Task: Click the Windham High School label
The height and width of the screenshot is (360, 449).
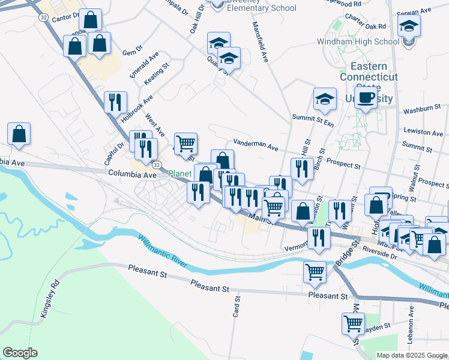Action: pyautogui.click(x=358, y=42)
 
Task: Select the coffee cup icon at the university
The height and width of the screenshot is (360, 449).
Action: pyautogui.click(x=366, y=97)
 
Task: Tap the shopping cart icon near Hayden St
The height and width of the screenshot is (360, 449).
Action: pyautogui.click(x=353, y=323)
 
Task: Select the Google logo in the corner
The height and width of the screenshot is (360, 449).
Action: pyautogui.click(x=20, y=353)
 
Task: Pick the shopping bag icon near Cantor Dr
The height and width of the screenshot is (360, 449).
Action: pyautogui.click(x=90, y=20)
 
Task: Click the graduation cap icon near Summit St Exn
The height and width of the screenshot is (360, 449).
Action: pyautogui.click(x=325, y=99)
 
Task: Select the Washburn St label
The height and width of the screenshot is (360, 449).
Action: pyautogui.click(x=422, y=110)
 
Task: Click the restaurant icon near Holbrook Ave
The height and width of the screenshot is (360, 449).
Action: pyautogui.click(x=114, y=102)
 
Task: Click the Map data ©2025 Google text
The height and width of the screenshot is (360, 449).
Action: pyautogui.click(x=411, y=355)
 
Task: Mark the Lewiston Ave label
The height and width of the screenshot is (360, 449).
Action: pyautogui.click(x=423, y=131)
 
